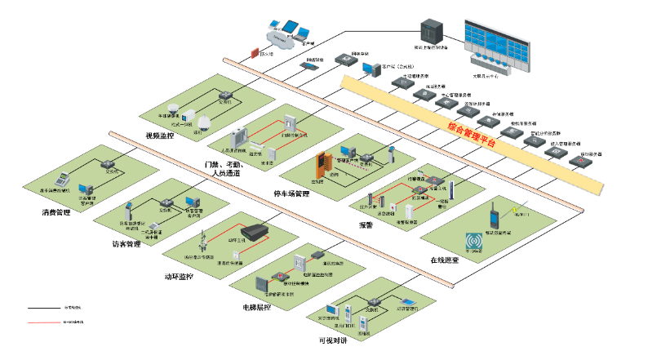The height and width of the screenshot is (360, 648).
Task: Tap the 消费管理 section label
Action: tap(57, 213)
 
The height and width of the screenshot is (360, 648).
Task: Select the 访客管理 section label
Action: tap(126, 244)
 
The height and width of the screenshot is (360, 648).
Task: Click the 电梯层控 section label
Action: tap(255, 309)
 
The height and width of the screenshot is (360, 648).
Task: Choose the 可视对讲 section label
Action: tap(331, 340)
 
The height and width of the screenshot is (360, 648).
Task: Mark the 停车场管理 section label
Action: tap(291, 194)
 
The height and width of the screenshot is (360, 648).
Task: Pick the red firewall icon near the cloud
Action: tap(253, 54)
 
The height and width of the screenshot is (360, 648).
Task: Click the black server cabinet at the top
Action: tap(430, 32)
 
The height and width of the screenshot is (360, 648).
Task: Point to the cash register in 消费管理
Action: tap(61, 180)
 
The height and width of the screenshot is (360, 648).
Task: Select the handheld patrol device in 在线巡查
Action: tap(493, 216)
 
